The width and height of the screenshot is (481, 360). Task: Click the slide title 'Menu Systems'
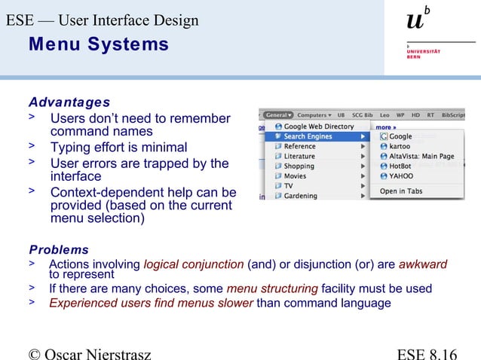pos(98,45)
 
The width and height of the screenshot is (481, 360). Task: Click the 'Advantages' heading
pos(69,102)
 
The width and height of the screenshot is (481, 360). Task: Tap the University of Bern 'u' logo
pos(417,21)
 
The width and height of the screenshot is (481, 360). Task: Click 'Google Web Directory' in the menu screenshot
pos(318,127)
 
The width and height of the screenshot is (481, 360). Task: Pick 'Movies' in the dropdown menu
pos(296,176)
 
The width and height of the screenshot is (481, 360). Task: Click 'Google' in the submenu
pos(400,137)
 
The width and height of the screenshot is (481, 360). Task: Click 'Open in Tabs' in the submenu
pos(400,191)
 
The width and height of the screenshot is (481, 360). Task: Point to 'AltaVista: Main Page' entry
pos(421,156)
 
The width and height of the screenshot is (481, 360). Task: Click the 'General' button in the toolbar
pos(278,115)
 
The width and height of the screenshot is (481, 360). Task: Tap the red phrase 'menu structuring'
pos(272,288)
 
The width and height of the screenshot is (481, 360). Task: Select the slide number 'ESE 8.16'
pos(426,352)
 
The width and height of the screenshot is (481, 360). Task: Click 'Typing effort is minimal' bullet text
pos(118,148)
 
